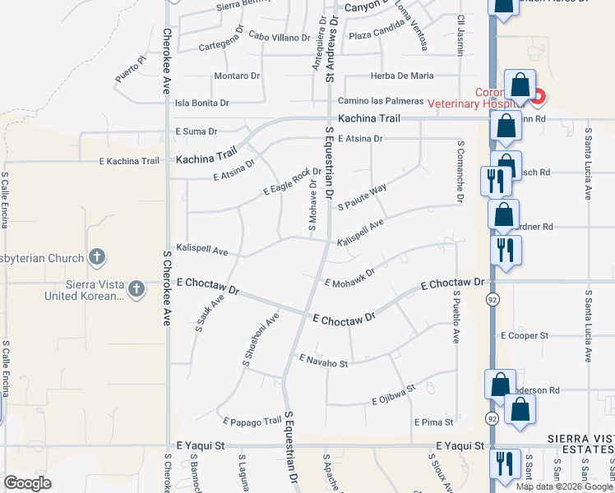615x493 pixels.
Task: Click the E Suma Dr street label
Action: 196,131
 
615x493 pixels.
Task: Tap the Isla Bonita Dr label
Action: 202,104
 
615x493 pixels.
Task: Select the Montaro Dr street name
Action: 237,76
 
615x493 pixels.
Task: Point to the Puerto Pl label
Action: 130,69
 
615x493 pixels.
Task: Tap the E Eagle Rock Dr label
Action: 291,182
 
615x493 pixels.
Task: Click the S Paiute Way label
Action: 362,198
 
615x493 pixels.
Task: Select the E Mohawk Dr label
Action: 349,277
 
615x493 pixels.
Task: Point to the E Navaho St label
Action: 324,361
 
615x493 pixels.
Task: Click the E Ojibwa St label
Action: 394,395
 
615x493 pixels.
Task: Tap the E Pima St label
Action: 433,422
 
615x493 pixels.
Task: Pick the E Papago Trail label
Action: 252,422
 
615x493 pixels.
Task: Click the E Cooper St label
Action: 525,336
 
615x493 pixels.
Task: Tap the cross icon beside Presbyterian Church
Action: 97,258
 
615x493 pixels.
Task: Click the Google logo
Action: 27,482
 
